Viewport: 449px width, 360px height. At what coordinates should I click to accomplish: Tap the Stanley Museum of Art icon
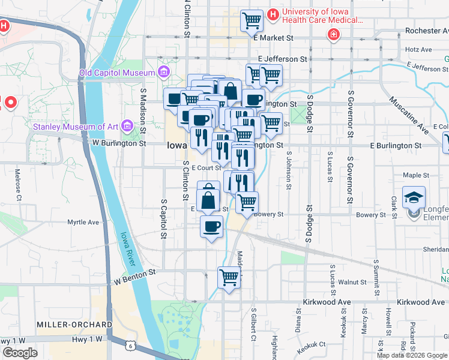(x=127, y=126)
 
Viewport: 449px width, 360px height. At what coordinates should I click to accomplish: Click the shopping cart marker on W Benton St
(x=229, y=277)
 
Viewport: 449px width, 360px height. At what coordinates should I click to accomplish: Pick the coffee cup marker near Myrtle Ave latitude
(x=211, y=226)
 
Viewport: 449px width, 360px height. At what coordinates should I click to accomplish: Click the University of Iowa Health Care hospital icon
(x=273, y=13)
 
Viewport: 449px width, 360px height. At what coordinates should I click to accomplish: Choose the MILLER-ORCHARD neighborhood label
(x=74, y=324)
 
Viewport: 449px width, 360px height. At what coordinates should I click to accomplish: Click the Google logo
(x=20, y=353)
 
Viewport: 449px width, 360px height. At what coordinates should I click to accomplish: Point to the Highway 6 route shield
(x=130, y=345)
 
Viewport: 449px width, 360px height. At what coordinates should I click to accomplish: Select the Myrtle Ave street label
(x=83, y=222)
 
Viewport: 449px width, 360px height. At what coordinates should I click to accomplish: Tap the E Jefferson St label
(x=282, y=59)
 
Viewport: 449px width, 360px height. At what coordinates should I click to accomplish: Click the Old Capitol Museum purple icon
(x=163, y=73)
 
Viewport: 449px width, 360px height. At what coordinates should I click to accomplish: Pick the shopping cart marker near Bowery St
(x=246, y=202)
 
